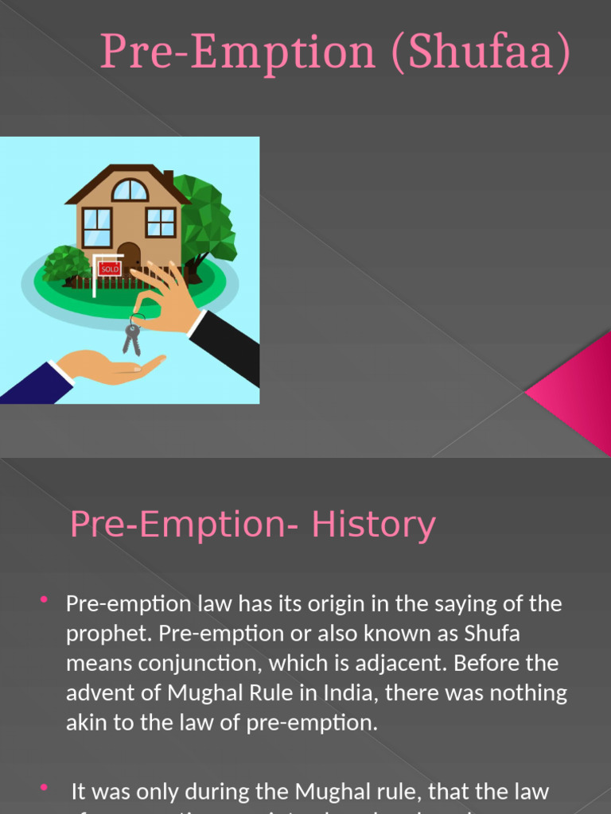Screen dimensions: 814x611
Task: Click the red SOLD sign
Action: pyautogui.click(x=110, y=269)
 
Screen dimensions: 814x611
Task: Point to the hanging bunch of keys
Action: pyautogui.click(x=133, y=336)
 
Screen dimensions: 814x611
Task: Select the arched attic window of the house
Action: pyautogui.click(x=130, y=191)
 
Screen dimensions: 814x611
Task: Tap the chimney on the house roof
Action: pyautogui.click(x=168, y=179)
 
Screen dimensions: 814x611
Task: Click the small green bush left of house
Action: pyautogui.click(x=65, y=264)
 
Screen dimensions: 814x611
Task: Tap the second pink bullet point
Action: pyautogui.click(x=44, y=787)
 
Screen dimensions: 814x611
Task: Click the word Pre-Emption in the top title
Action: pyautogui.click(x=237, y=52)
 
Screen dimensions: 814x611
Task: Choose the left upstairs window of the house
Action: pyautogui.click(x=97, y=227)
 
